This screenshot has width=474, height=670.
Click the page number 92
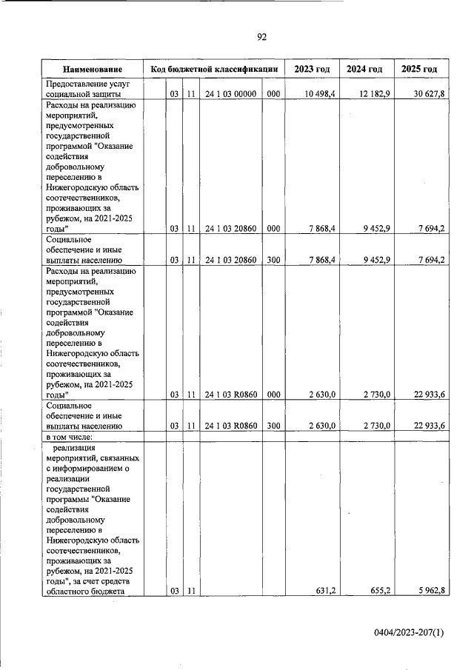pos(261,37)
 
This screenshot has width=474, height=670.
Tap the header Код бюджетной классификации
pos(213,70)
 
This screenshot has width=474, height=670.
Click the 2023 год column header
pos(311,70)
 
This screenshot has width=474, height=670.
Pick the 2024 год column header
pos(364,70)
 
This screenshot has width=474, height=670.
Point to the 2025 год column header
pos(419,70)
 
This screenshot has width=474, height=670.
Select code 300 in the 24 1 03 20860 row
pos(273,261)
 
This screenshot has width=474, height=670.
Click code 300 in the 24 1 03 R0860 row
pos(273,426)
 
